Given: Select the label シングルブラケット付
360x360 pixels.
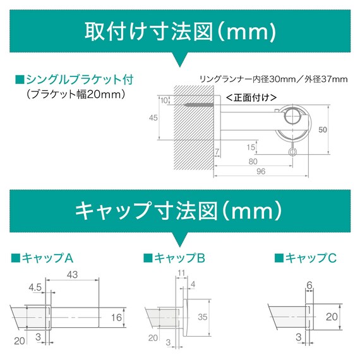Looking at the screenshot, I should [x=78, y=80].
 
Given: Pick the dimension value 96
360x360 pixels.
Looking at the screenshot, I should [x=260, y=170].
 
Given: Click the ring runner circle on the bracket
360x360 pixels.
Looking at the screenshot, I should [x=292, y=117].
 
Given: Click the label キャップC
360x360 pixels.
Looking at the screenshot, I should [x=306, y=258].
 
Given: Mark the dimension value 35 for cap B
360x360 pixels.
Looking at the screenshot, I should [x=202, y=316].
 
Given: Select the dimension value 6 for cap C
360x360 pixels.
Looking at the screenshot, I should [x=310, y=286].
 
